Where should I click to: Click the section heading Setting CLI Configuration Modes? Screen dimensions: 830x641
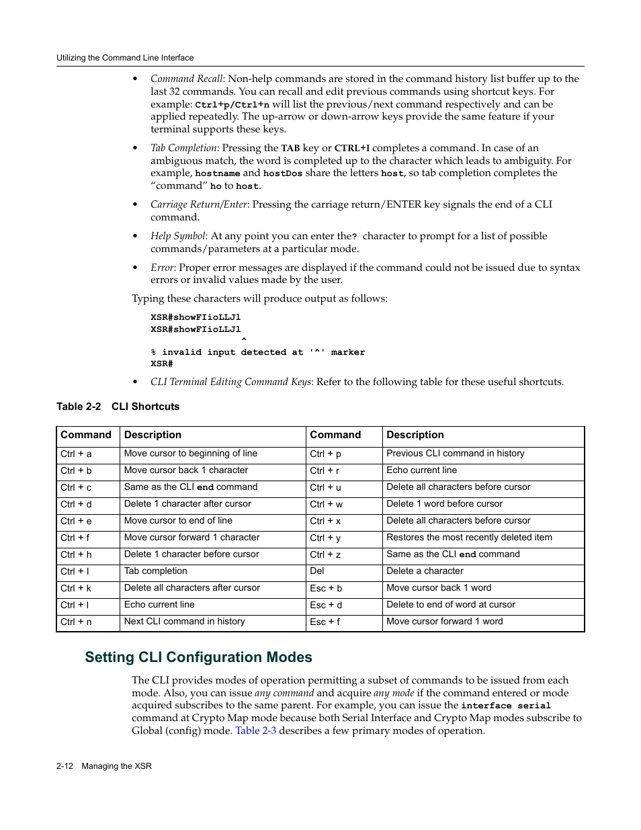tap(198, 657)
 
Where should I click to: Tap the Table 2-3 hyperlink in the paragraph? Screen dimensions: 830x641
tap(255, 731)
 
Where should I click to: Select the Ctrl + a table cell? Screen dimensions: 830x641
tap(76, 454)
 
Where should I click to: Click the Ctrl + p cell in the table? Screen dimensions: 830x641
tap(325, 454)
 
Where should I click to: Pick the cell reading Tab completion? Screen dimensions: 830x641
tap(156, 571)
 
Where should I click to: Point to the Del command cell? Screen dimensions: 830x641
tap(317, 571)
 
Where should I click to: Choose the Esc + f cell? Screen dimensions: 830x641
tap(325, 622)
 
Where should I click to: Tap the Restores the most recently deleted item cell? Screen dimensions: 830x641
tap(469, 538)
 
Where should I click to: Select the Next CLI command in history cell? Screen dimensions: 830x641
tap(184, 622)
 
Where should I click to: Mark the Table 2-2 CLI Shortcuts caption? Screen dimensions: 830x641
tap(118, 407)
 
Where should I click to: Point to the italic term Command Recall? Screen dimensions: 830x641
tap(186, 79)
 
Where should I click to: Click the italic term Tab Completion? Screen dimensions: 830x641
tap(183, 148)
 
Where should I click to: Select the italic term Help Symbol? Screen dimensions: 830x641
tap(177, 236)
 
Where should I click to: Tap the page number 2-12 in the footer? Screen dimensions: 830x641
tap(65, 766)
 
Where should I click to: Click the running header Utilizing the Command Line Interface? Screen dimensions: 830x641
tap(125, 58)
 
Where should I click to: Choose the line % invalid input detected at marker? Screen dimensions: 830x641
tap(257, 352)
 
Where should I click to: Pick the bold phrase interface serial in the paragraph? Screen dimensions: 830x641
tap(505, 706)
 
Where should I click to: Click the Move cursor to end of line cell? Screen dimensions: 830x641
tap(178, 521)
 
